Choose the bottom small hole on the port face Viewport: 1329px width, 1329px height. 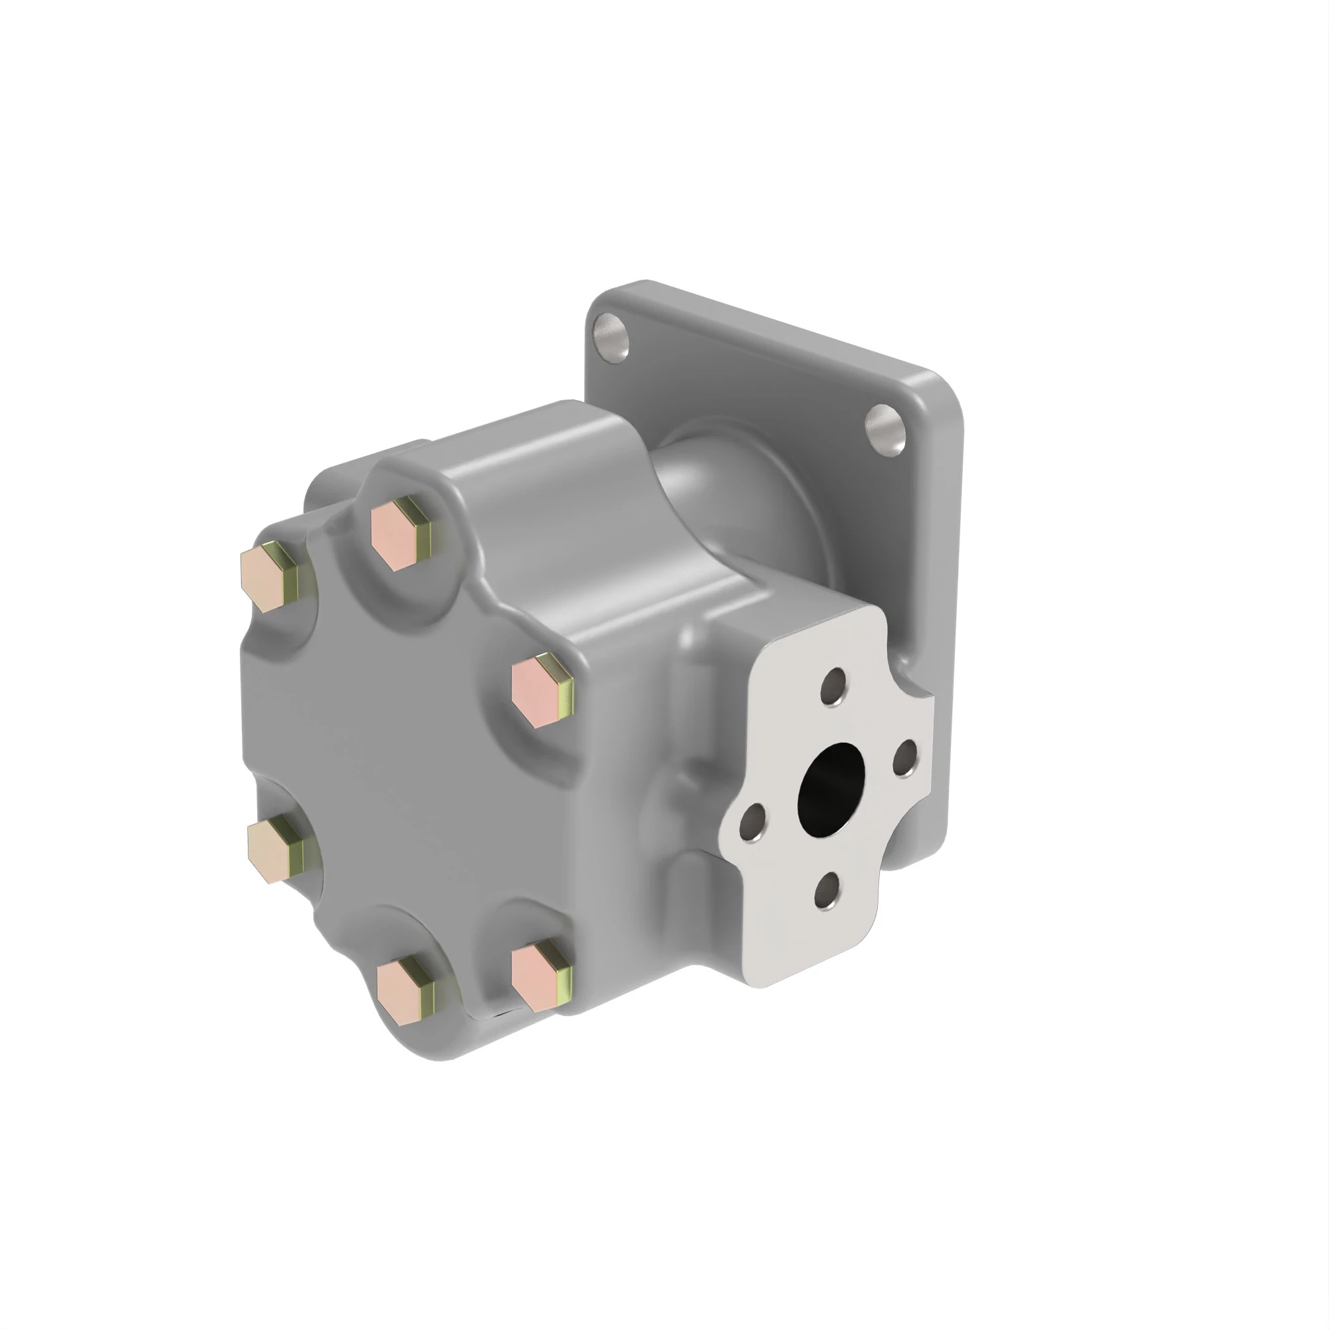(828, 892)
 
